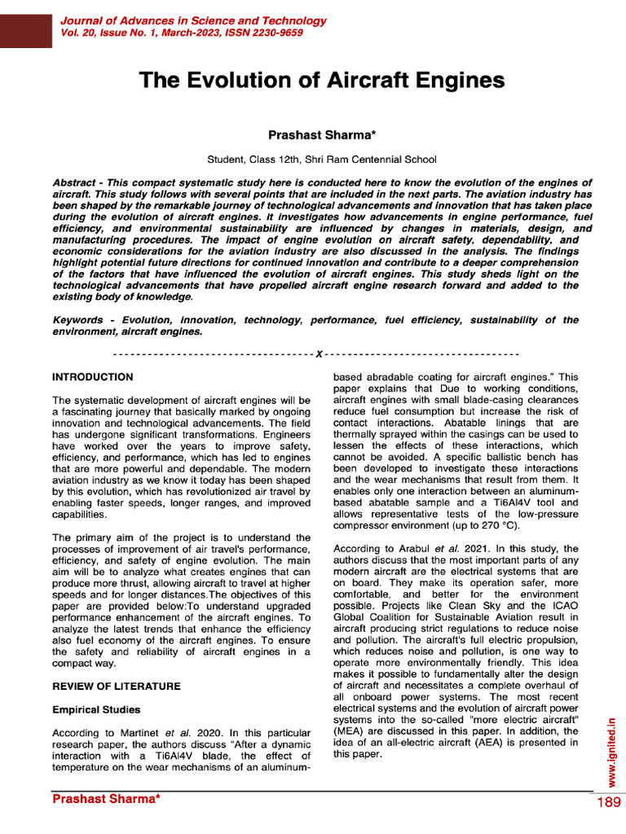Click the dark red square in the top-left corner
click(x=26, y=24)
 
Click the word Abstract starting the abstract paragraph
click(x=74, y=182)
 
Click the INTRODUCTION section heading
click(x=92, y=377)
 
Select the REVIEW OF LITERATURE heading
click(x=117, y=687)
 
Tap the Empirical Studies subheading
click(x=96, y=709)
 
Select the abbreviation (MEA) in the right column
click(x=350, y=731)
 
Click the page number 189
click(x=608, y=803)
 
